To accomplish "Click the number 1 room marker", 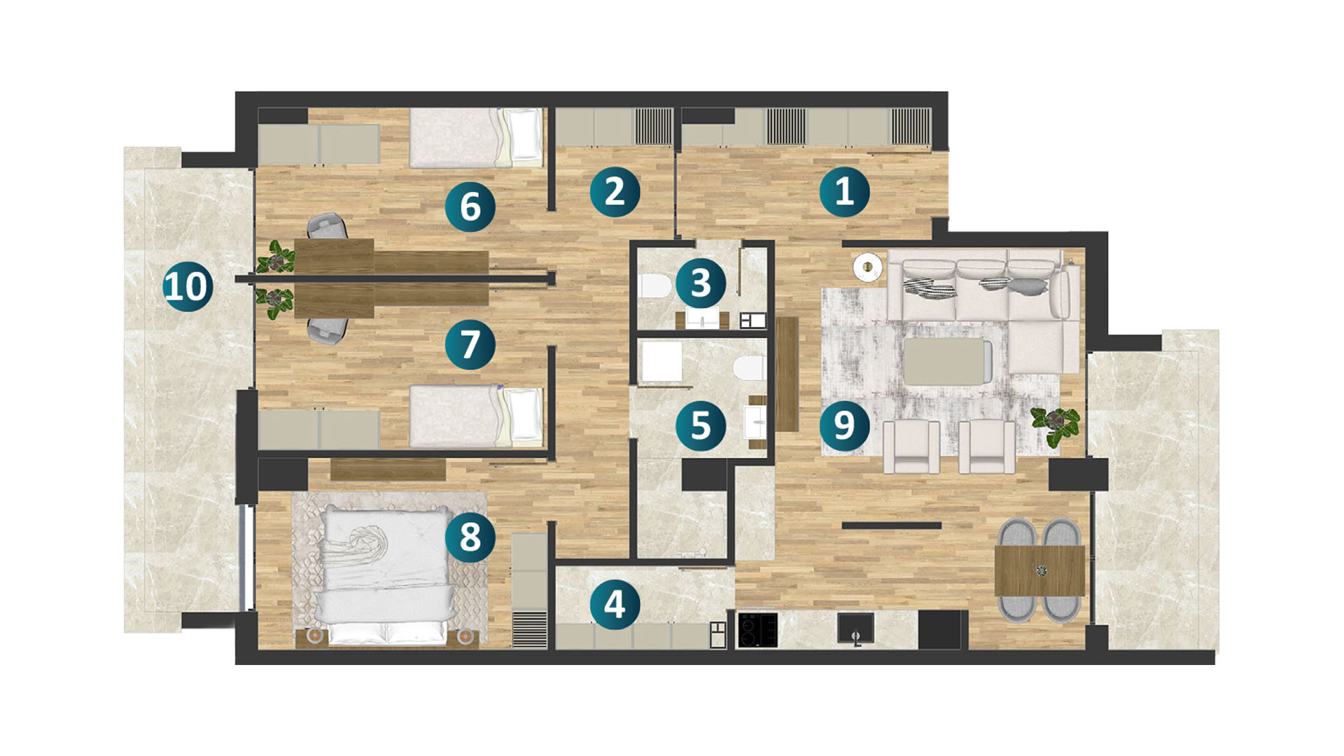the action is click(844, 191).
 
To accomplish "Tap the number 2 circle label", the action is click(615, 191).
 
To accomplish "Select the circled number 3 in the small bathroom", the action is click(701, 283).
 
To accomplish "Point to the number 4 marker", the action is click(615, 604).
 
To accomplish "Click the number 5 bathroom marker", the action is click(701, 425).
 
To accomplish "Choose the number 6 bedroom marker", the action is click(470, 206).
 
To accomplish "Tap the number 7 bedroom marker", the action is click(470, 344).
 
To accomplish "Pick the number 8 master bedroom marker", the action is click(470, 537).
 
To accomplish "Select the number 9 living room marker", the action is click(844, 425).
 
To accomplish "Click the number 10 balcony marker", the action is click(188, 286).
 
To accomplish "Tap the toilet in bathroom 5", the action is click(750, 367).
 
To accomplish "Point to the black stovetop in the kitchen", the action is click(757, 630).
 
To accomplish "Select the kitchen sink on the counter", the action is click(855, 628).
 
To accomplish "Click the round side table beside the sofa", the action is click(868, 267).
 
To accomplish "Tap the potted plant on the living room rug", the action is click(1055, 424).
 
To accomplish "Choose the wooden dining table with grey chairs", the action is click(1039, 570).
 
